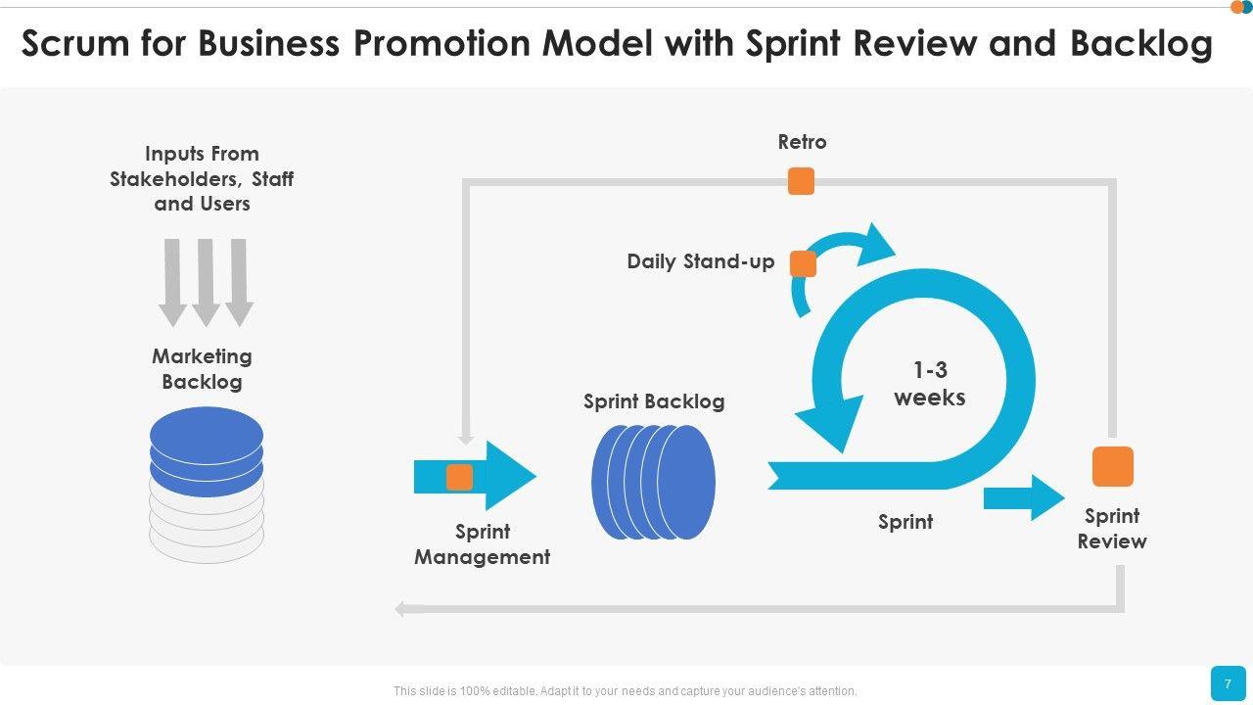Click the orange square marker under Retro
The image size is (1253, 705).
tap(801, 181)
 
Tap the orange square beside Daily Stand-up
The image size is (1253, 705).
tap(803, 263)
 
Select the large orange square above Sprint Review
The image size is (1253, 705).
tap(1112, 466)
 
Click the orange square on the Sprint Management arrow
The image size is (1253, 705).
tap(460, 477)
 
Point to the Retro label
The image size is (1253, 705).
tap(802, 142)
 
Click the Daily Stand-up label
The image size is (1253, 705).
tap(700, 261)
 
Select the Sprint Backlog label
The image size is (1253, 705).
tap(654, 401)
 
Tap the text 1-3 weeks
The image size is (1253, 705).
tap(929, 384)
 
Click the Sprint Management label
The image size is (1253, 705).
tap(482, 544)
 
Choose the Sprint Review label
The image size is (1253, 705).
tap(1112, 529)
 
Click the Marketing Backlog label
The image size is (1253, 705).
tap(202, 369)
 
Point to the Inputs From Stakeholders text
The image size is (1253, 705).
tap(202, 178)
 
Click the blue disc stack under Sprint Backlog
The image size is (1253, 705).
tap(653, 482)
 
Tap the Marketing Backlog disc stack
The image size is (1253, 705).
tap(207, 484)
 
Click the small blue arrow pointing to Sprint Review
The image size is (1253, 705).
tap(1023, 497)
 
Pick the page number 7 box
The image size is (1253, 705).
tap(1228, 683)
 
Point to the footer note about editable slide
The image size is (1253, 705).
tap(625, 691)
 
